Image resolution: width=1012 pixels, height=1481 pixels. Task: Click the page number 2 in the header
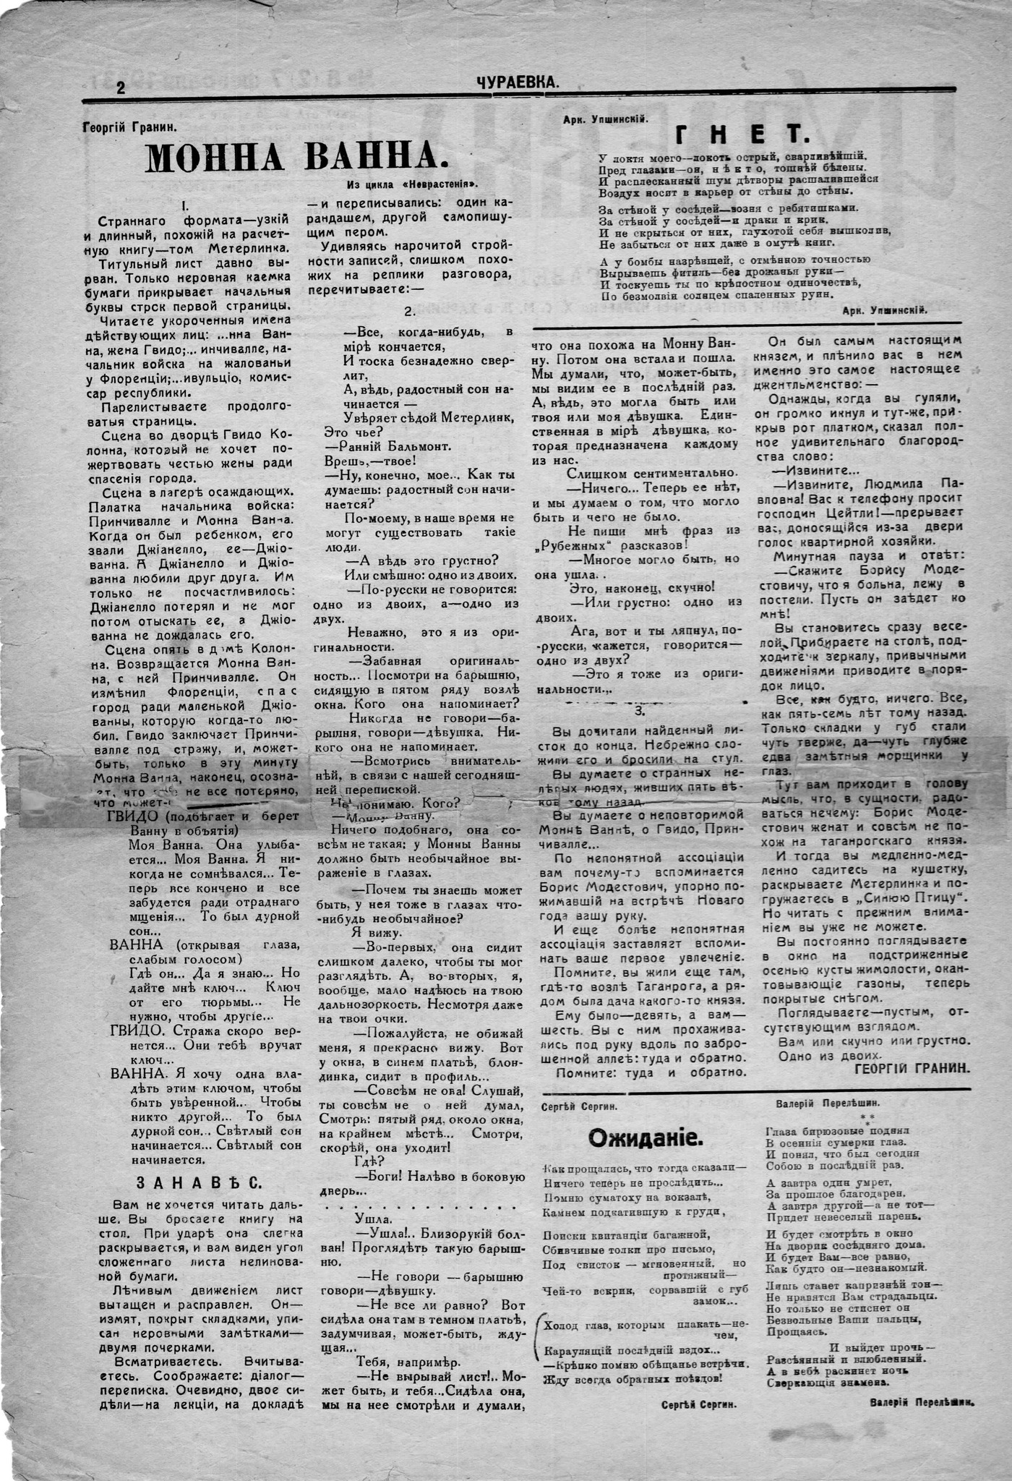click(121, 89)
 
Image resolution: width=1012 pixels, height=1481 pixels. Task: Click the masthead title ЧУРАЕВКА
click(518, 84)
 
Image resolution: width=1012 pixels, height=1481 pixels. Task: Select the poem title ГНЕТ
click(740, 135)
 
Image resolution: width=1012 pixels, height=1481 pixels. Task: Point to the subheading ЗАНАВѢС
click(199, 1182)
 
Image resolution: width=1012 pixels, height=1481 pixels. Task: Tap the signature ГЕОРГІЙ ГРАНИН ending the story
click(911, 1068)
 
